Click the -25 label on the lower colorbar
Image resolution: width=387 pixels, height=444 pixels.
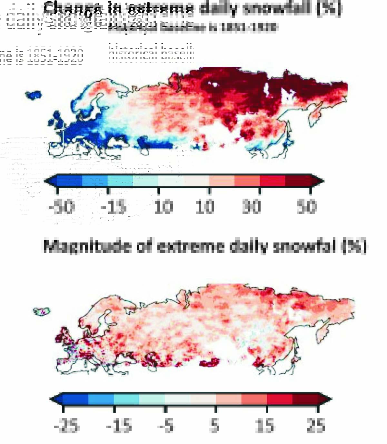[67, 426]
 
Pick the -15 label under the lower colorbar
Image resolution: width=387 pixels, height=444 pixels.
[119, 426]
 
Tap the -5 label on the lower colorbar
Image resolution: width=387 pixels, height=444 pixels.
[166, 426]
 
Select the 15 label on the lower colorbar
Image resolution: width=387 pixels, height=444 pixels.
[265, 426]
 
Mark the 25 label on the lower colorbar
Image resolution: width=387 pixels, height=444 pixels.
[316, 426]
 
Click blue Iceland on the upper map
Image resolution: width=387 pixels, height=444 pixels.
[34, 95]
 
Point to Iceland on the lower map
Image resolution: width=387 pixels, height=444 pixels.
[42, 311]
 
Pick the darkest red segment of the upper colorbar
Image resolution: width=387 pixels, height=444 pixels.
[298, 181]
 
